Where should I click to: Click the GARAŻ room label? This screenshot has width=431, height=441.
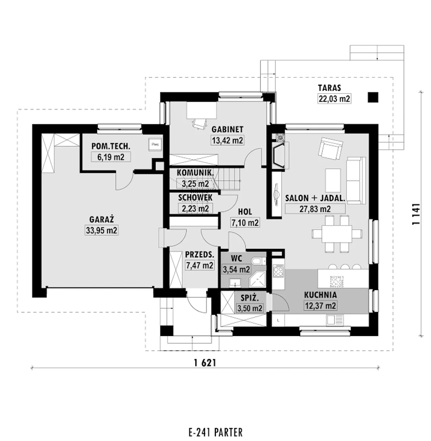point(101,220)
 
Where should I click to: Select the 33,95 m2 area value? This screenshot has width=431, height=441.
point(101,230)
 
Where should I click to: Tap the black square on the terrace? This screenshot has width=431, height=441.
point(373,97)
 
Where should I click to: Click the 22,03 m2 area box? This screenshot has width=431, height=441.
point(334,99)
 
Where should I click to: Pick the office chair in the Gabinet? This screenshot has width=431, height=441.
point(200,124)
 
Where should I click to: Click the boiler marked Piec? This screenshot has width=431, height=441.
point(155,144)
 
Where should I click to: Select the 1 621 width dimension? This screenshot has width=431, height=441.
point(205,363)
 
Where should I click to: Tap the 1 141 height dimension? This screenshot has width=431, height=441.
point(416,214)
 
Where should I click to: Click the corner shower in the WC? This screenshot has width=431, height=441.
point(257,279)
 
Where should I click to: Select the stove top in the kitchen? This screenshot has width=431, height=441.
point(278,271)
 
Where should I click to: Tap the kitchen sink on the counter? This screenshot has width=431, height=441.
point(335,320)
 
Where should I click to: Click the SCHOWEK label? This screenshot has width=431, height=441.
point(195,198)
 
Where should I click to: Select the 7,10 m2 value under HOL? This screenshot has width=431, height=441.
point(245,223)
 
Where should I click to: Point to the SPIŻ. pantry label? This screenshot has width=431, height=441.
point(250,298)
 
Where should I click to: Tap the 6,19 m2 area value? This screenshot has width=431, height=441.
point(111,157)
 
